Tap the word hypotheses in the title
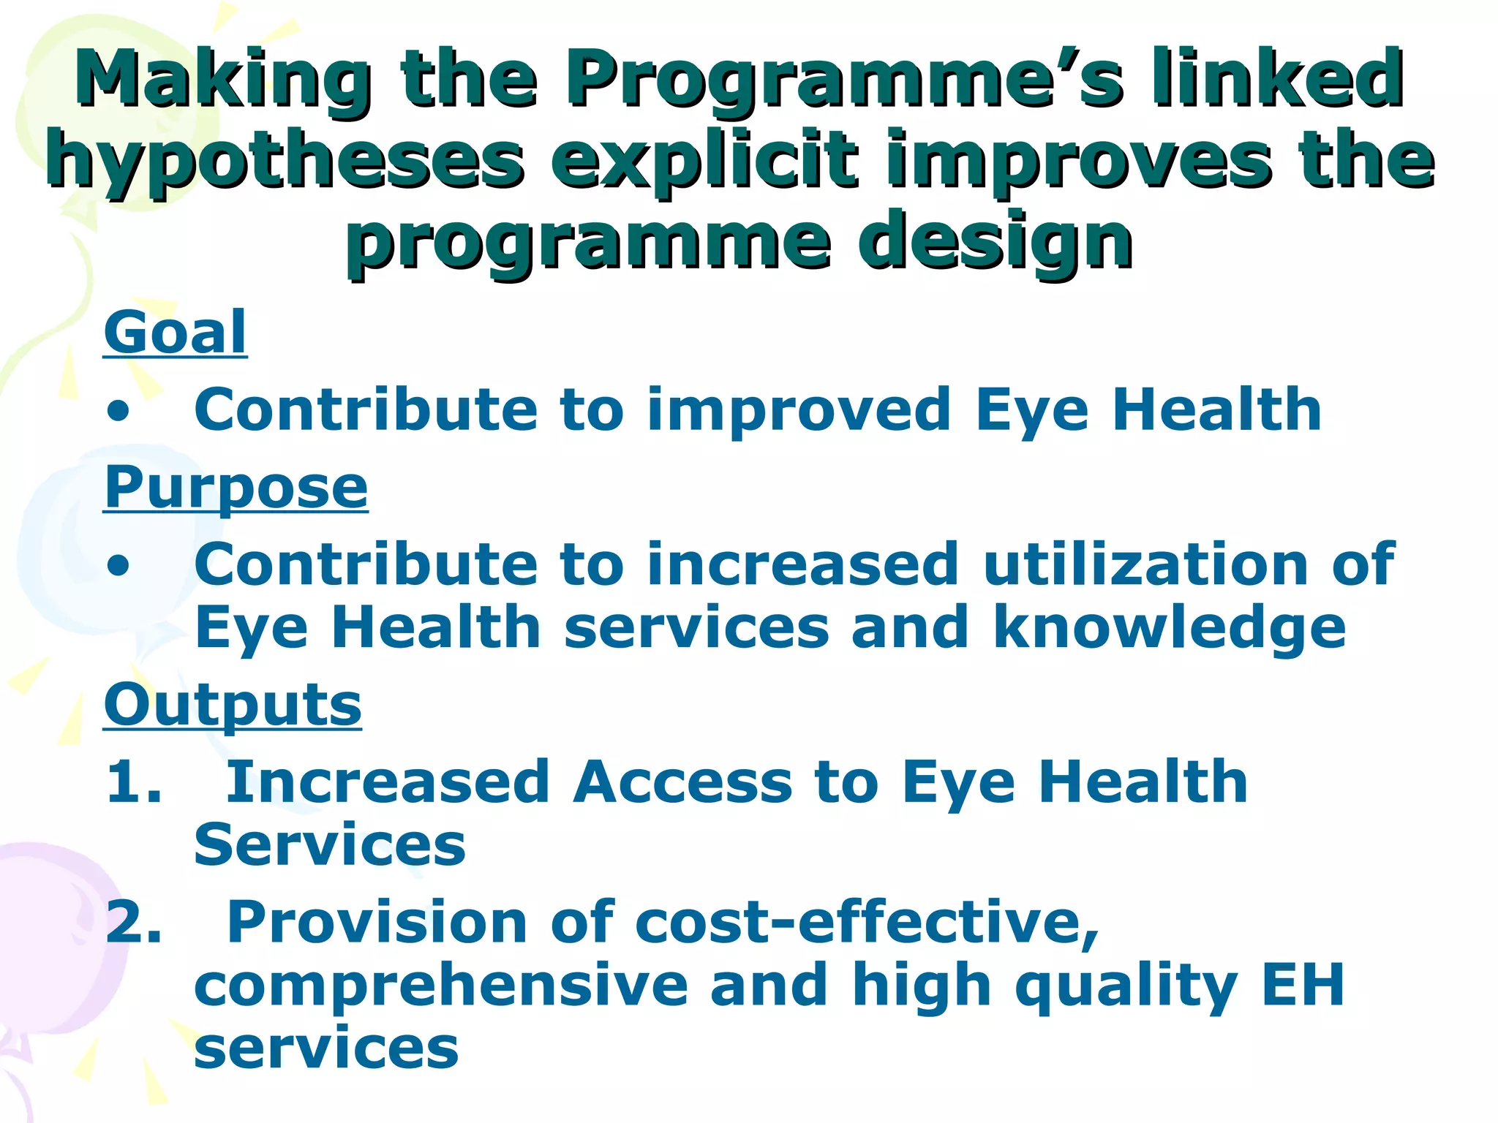tap(285, 161)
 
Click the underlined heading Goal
tap(176, 333)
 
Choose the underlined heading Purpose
tap(236, 488)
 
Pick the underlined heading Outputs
tap(233, 705)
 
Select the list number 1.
tap(132, 782)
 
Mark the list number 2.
tap(132, 923)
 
